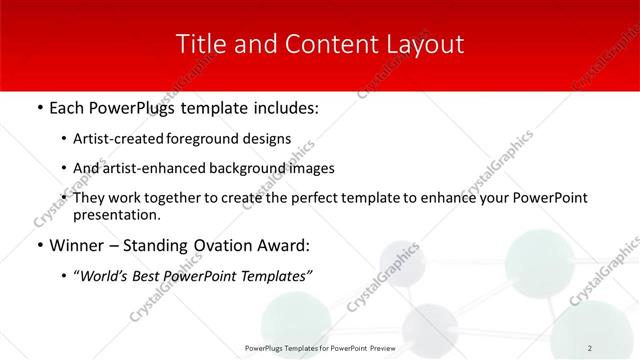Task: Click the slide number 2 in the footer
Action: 590,347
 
